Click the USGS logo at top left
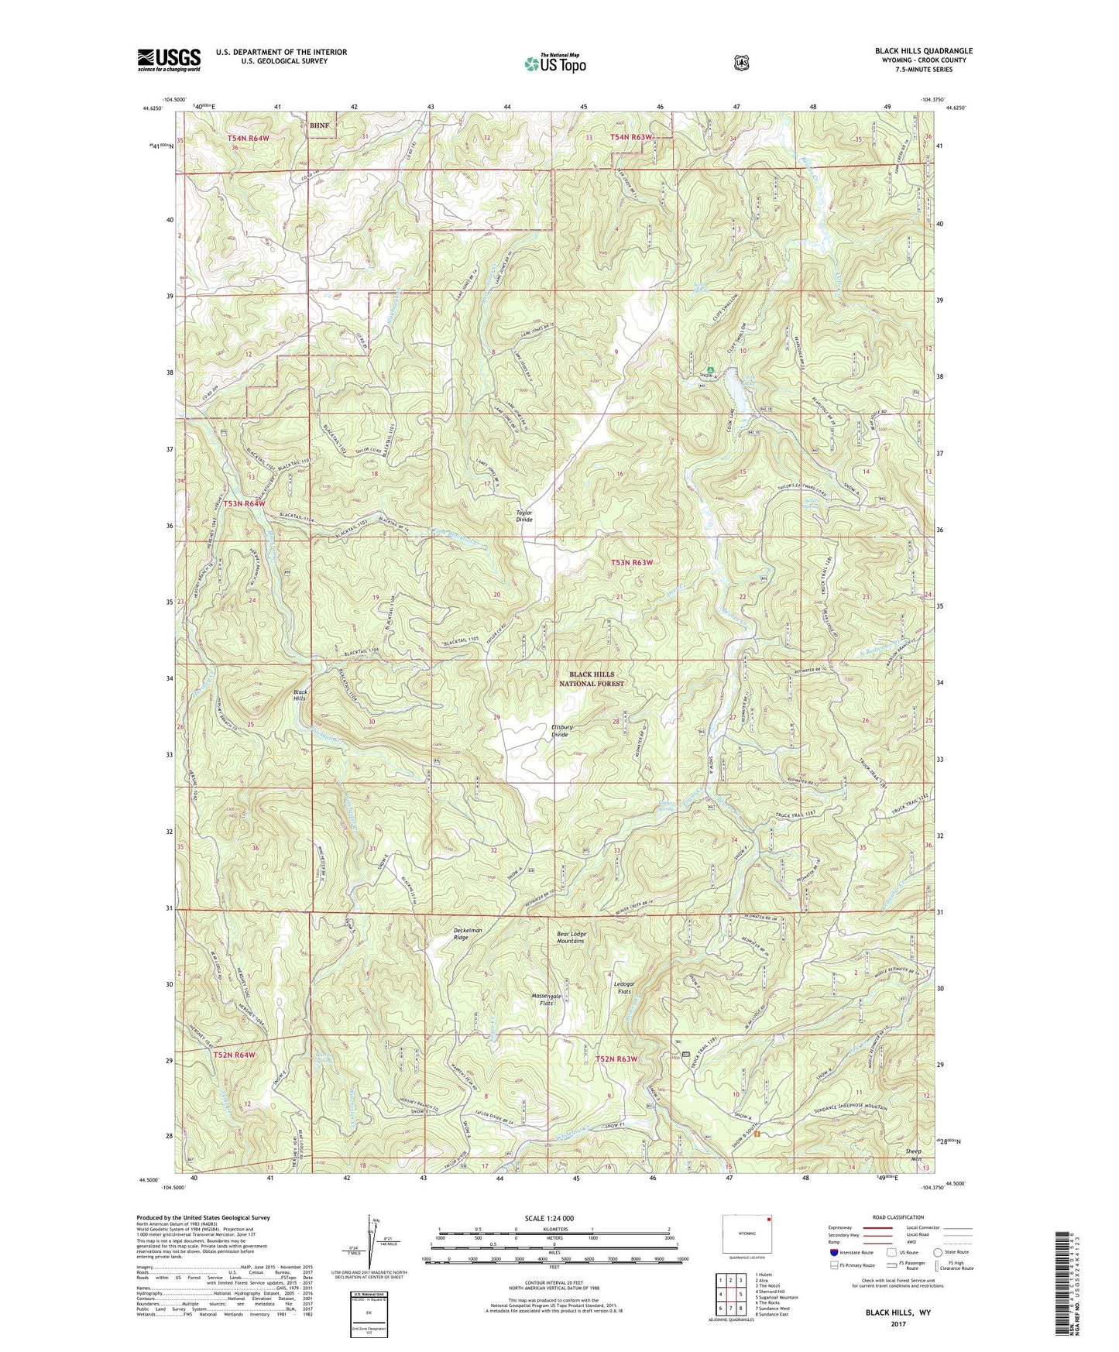pyautogui.click(x=169, y=60)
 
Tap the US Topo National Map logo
pyautogui.click(x=554, y=63)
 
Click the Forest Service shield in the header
pyautogui.click(x=741, y=63)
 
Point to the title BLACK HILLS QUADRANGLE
pyautogui.click(x=924, y=51)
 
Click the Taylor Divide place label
pyautogui.click(x=524, y=516)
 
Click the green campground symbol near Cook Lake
pyautogui.click(x=710, y=369)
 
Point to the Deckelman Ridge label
pyautogui.click(x=467, y=933)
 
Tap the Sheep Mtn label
pyautogui.click(x=914, y=1155)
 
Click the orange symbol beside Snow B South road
pyautogui.click(x=757, y=1134)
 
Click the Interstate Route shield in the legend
pyautogui.click(x=833, y=1251)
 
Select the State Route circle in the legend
pyautogui.click(x=938, y=1251)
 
